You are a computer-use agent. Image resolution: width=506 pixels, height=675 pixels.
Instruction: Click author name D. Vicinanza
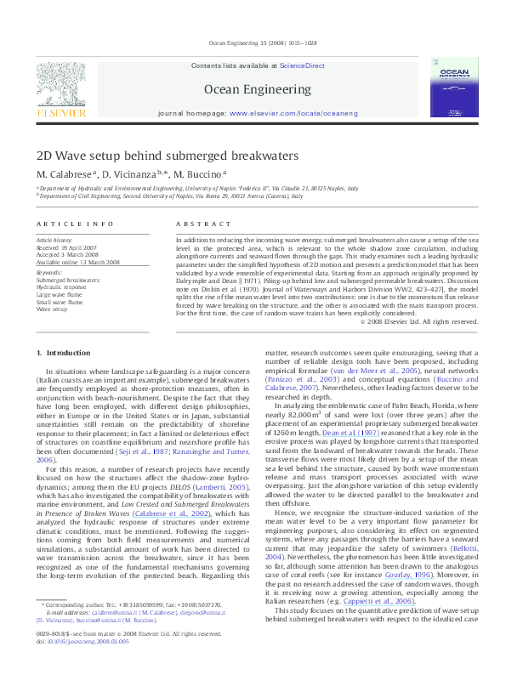pos(134,174)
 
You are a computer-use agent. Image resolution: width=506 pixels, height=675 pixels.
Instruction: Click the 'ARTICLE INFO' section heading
pos(75,223)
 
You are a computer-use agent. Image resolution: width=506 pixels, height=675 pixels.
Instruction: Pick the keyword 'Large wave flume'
pos(60,293)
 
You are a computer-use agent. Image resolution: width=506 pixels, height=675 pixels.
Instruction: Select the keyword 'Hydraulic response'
pos(62,286)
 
